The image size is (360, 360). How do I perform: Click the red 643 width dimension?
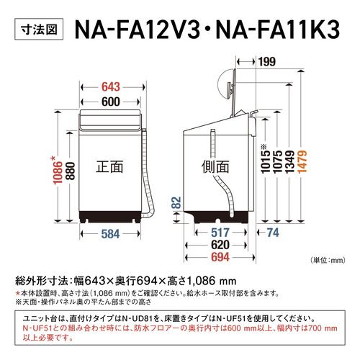pos(111,87)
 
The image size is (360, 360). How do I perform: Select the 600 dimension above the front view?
pos(111,102)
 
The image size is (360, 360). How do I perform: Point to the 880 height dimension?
pos(71,171)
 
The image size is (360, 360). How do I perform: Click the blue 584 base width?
pos(110,234)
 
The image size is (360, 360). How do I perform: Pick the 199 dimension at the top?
pos(267,62)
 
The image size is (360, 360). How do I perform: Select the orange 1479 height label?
pos(302,161)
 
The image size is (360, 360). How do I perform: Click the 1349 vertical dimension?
pos(289,161)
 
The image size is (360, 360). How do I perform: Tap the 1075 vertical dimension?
pos(277,161)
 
